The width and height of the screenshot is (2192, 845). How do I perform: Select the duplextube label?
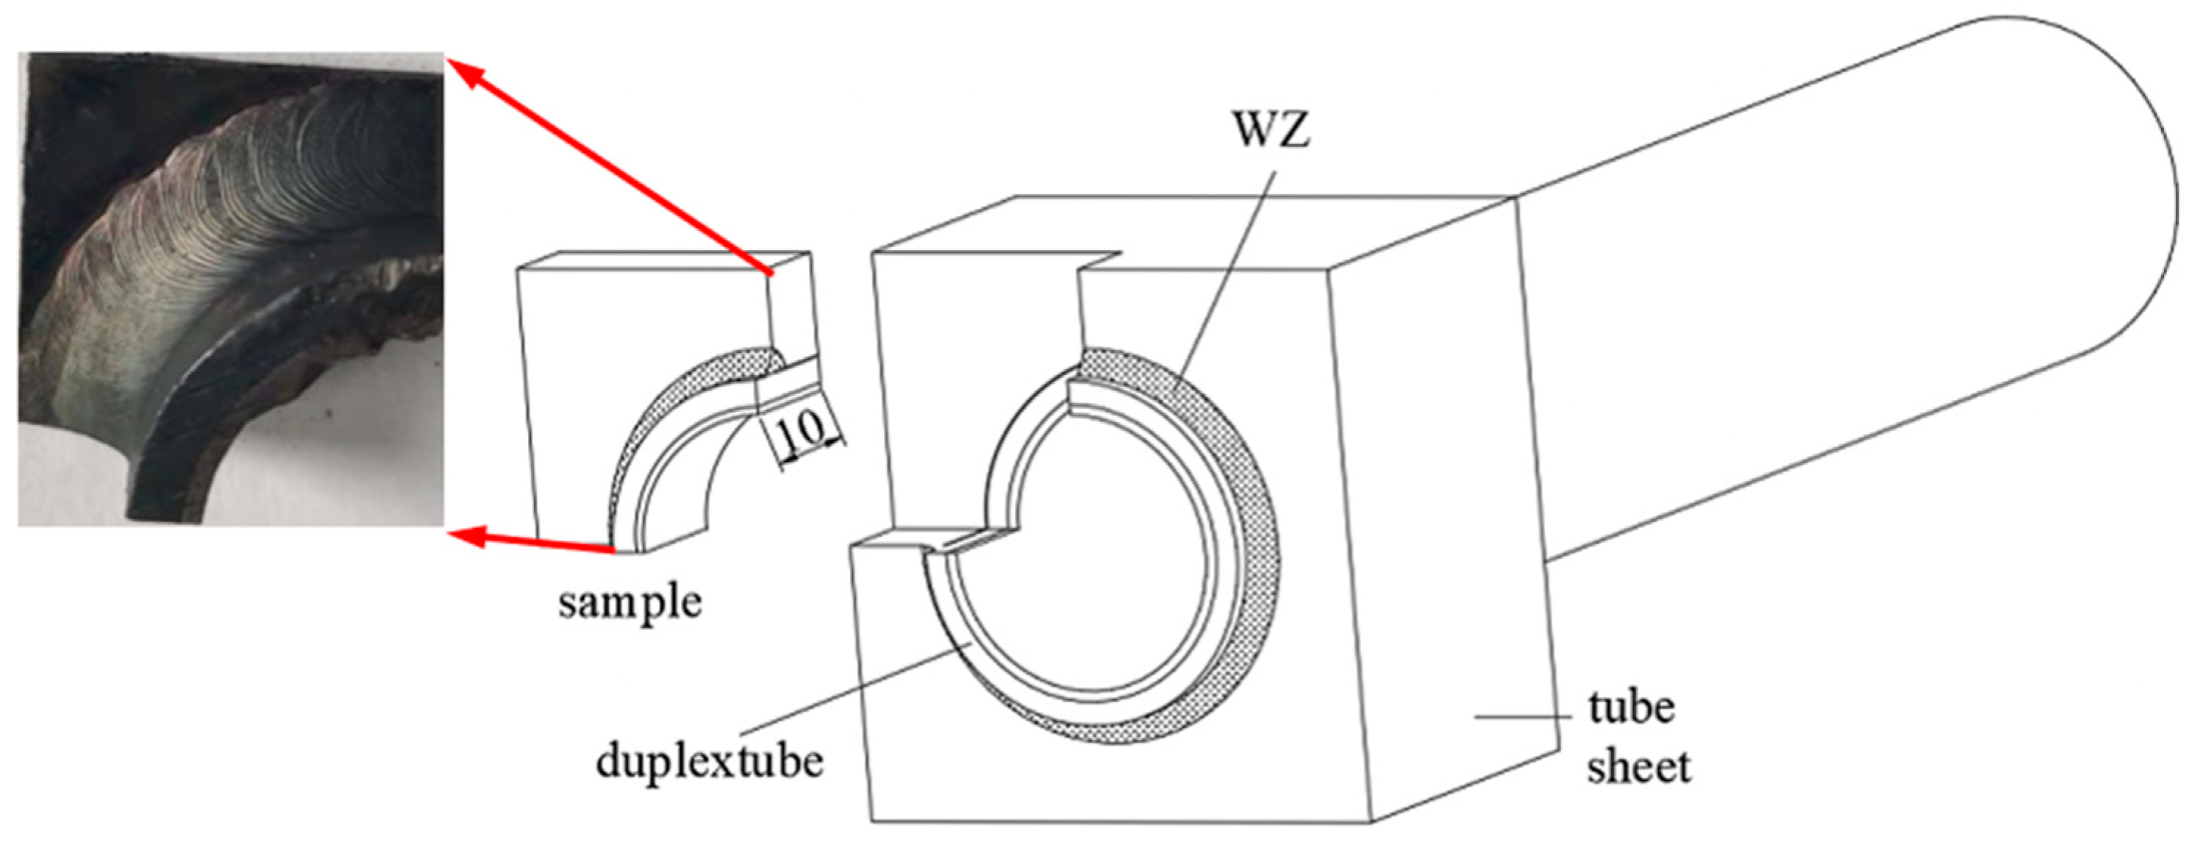tap(710, 760)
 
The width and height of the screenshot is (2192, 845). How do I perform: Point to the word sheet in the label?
tap(1639, 767)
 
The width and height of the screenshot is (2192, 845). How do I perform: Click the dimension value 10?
tap(801, 432)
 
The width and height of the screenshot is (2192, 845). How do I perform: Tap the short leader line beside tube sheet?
tap(1523, 717)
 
